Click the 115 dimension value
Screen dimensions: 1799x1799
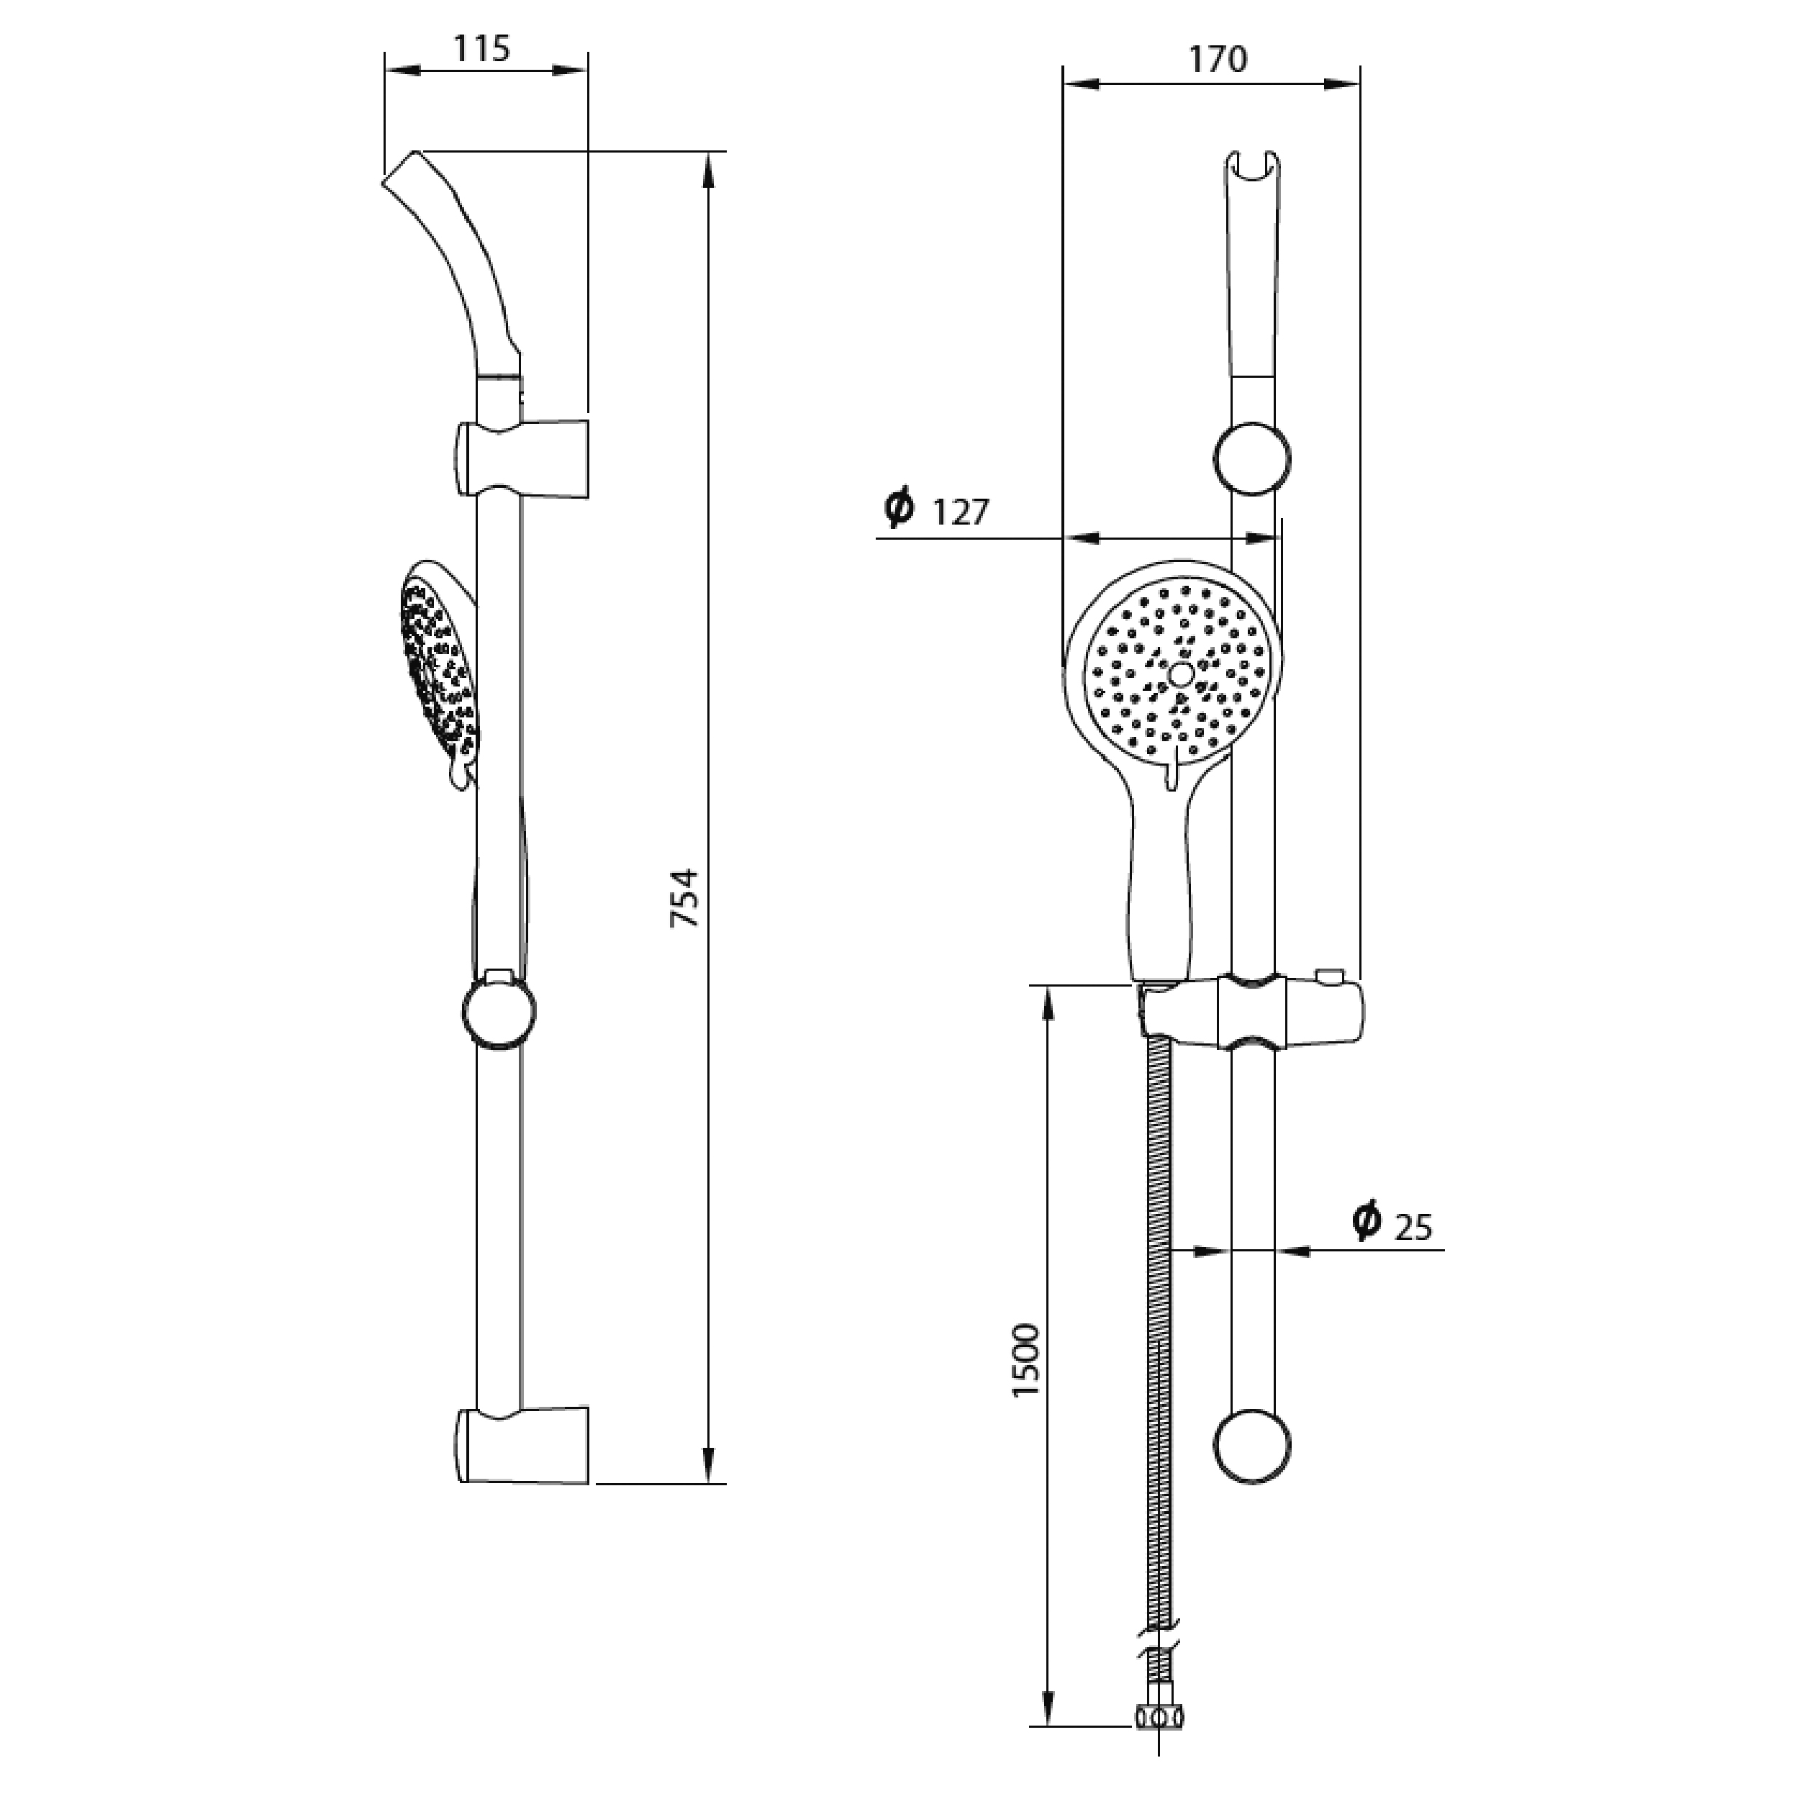coord(482,48)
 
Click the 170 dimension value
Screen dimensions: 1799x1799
coord(1218,60)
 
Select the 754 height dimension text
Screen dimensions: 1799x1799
coord(684,897)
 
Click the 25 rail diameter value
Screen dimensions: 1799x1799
coord(1413,1227)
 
